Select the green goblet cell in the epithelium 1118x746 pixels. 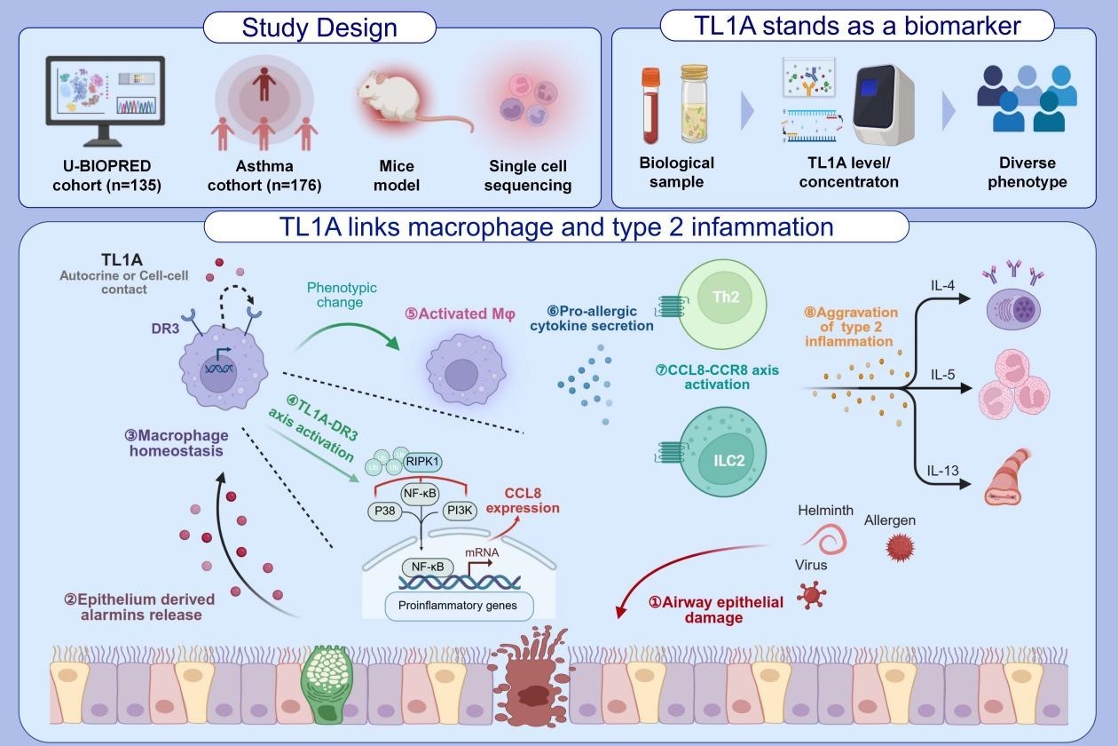pos(326,676)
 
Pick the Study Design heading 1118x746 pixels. pos(319,28)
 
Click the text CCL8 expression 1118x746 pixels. pos(531,500)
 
